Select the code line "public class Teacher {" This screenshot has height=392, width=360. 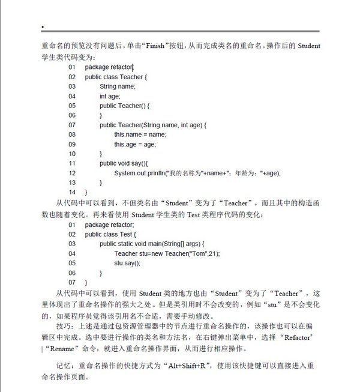[115, 77]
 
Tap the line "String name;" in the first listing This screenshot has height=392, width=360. [118, 86]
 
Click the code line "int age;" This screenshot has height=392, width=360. [110, 96]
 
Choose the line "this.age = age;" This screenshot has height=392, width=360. [135, 144]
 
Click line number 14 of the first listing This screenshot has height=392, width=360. [72, 192]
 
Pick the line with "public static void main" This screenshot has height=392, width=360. [152, 244]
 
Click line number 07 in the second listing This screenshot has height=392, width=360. [72, 282]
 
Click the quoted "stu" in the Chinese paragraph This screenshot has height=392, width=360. [278, 304]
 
